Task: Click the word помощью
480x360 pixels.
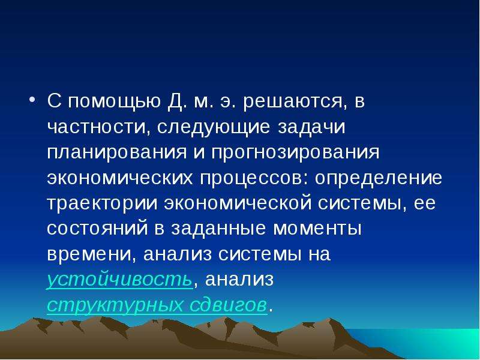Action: tap(114, 101)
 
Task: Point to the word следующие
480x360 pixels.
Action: tap(214, 128)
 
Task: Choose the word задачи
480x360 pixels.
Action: tap(311, 127)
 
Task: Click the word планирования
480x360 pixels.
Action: tap(117, 152)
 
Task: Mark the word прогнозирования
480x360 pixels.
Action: tap(295, 152)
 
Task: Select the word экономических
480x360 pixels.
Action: tap(120, 178)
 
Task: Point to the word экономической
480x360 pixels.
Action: tap(237, 203)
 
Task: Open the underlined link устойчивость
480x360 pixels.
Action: tap(120, 280)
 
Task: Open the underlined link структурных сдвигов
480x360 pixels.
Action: tap(157, 305)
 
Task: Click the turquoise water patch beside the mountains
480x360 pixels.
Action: tap(428, 341)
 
